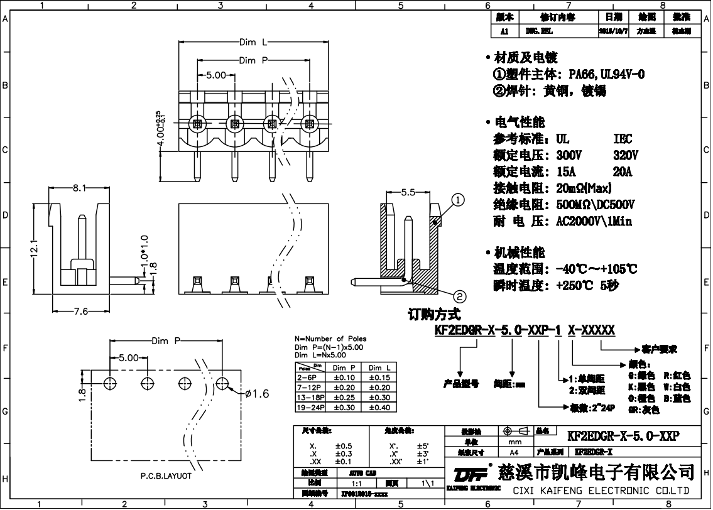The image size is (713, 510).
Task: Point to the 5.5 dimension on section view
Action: pyautogui.click(x=408, y=193)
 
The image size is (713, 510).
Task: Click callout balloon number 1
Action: pyautogui.click(x=459, y=200)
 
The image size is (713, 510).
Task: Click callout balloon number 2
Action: pyautogui.click(x=460, y=296)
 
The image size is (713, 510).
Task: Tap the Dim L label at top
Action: pyautogui.click(x=253, y=43)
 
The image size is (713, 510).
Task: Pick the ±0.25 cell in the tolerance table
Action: pyautogui.click(x=343, y=398)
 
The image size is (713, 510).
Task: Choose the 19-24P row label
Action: pyautogui.click(x=309, y=408)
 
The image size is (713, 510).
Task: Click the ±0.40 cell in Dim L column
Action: pyautogui.click(x=379, y=408)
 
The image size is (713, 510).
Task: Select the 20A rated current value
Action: pyautogui.click(x=623, y=171)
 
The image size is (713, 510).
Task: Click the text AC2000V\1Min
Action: pyautogui.click(x=594, y=221)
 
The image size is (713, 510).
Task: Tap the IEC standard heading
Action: pyautogui.click(x=623, y=139)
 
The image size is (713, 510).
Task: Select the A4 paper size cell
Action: pyautogui.click(x=514, y=452)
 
